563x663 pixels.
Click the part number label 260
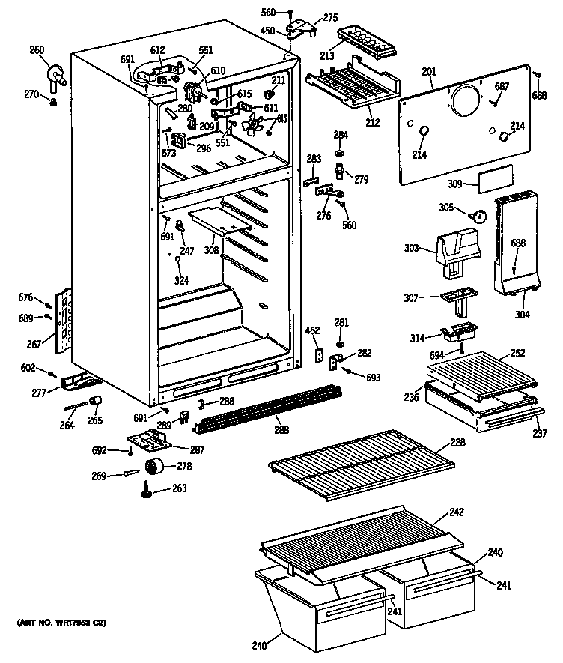click(37, 51)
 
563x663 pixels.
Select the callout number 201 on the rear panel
click(428, 72)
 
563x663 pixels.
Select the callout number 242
click(456, 512)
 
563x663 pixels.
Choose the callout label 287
click(197, 450)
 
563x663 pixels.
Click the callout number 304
click(522, 315)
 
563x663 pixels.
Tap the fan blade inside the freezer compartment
click(262, 125)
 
